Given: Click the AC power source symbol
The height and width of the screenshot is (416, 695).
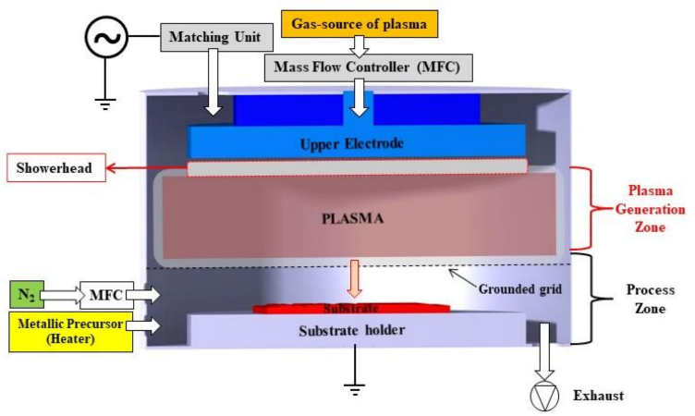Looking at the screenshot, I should pyautogui.click(x=104, y=38).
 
